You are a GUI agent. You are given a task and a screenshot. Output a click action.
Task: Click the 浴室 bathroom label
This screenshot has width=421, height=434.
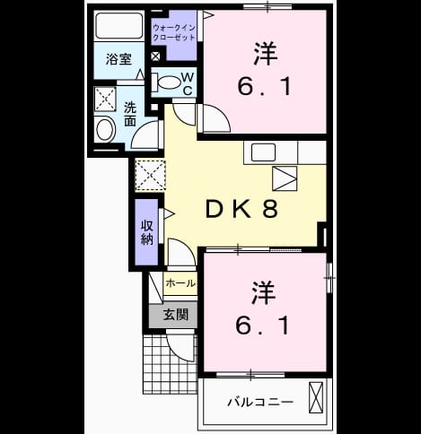[x=118, y=59]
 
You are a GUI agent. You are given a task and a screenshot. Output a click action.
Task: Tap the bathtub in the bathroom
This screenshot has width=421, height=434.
[x=118, y=25]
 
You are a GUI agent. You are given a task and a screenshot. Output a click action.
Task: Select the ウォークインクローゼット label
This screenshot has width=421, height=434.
[x=174, y=32]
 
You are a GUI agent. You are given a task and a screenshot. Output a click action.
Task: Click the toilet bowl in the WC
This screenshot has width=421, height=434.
[x=168, y=82]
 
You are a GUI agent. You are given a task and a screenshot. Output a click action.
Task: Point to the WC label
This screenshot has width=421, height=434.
[x=188, y=83]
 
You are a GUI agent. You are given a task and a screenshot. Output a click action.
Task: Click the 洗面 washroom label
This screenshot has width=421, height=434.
[x=130, y=114]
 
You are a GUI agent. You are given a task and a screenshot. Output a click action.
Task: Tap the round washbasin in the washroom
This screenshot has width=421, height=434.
[x=105, y=130]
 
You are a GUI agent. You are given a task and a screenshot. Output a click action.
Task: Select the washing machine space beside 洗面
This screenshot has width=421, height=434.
[x=105, y=99]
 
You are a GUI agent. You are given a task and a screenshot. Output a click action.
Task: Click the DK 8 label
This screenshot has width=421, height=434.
[x=241, y=208]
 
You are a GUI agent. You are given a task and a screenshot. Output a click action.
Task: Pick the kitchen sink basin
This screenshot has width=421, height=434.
[x=263, y=152]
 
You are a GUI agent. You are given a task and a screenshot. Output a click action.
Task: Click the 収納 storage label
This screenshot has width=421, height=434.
[x=147, y=232]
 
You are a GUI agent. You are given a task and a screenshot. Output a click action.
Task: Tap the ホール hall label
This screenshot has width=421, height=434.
[x=180, y=283]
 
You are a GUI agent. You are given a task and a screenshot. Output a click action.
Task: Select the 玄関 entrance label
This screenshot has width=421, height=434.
[x=176, y=315]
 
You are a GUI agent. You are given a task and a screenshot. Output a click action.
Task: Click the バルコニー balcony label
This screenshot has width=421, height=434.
[x=260, y=402]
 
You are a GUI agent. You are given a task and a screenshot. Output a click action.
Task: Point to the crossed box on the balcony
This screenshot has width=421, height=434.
[x=316, y=397]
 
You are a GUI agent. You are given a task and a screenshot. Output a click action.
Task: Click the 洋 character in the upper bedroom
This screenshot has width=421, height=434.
[x=265, y=54]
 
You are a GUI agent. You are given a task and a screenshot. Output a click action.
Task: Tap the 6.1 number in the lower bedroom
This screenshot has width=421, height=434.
[x=262, y=325]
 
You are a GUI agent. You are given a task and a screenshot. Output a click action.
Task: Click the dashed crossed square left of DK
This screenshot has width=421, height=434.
[x=150, y=176]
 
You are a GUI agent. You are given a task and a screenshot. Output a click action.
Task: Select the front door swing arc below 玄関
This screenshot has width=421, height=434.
[x=180, y=347]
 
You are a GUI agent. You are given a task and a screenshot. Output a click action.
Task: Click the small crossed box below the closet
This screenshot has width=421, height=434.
[x=155, y=56]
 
